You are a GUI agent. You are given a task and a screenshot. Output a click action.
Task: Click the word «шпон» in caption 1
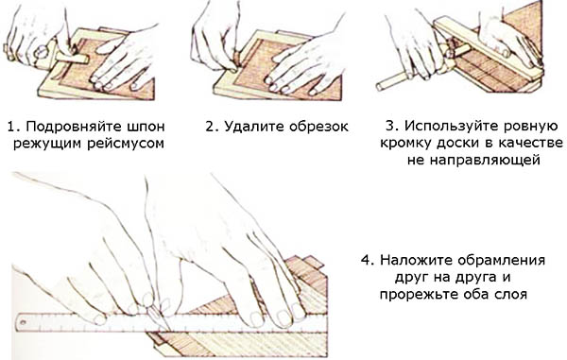coord(146,127)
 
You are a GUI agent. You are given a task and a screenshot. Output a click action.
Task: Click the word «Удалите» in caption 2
coord(254,127)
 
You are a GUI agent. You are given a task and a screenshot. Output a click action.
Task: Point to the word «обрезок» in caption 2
coord(318,127)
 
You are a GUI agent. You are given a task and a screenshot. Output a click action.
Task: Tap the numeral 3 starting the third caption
coord(390,127)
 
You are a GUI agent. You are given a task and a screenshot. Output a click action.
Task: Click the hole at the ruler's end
coord(23,321)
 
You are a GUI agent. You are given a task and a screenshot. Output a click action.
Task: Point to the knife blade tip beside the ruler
coord(168,329)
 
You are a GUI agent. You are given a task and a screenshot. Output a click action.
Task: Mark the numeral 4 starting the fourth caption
coord(366,261)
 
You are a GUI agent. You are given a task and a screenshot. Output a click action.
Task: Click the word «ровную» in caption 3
coord(532,128)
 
